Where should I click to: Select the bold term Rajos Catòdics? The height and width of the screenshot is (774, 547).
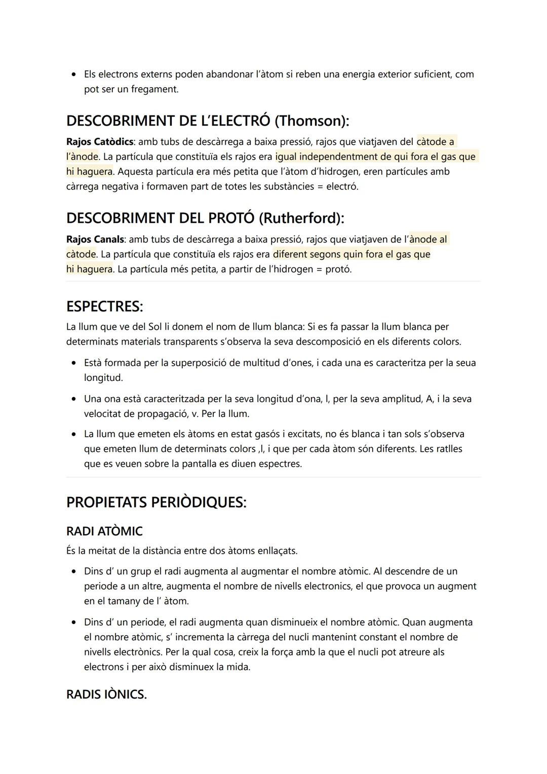click(99, 142)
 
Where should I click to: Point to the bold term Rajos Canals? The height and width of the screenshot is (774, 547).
click(95, 239)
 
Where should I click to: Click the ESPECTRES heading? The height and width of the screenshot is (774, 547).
click(104, 306)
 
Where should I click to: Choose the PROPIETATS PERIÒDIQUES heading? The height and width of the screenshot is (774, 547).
click(156, 502)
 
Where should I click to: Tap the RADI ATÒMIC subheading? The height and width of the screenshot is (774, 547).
click(104, 531)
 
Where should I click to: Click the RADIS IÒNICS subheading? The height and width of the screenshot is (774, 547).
click(106, 694)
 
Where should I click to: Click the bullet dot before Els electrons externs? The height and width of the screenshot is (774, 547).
click(74, 74)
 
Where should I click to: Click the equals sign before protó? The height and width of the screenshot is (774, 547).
click(319, 269)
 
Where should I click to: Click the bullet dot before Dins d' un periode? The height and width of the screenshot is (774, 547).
click(74, 623)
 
